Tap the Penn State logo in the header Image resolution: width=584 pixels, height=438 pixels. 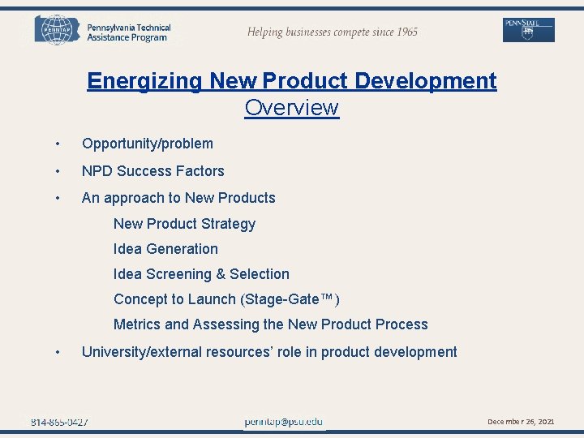point(529,30)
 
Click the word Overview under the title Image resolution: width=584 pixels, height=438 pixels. point(291,108)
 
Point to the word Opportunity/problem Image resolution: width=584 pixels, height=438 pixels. point(148,144)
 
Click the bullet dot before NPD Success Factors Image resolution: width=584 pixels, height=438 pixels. point(58,171)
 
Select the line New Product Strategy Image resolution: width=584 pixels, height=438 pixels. point(184,224)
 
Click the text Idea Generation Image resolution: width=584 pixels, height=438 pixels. point(165,249)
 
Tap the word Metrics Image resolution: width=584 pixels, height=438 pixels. point(137,324)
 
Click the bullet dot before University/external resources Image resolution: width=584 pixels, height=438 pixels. point(58,352)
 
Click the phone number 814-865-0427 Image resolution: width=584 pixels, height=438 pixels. point(60,422)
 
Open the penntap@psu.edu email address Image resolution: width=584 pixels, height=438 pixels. point(283,422)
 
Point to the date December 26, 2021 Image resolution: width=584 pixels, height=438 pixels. point(520,422)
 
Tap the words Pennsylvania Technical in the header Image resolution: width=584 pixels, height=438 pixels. point(129,28)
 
